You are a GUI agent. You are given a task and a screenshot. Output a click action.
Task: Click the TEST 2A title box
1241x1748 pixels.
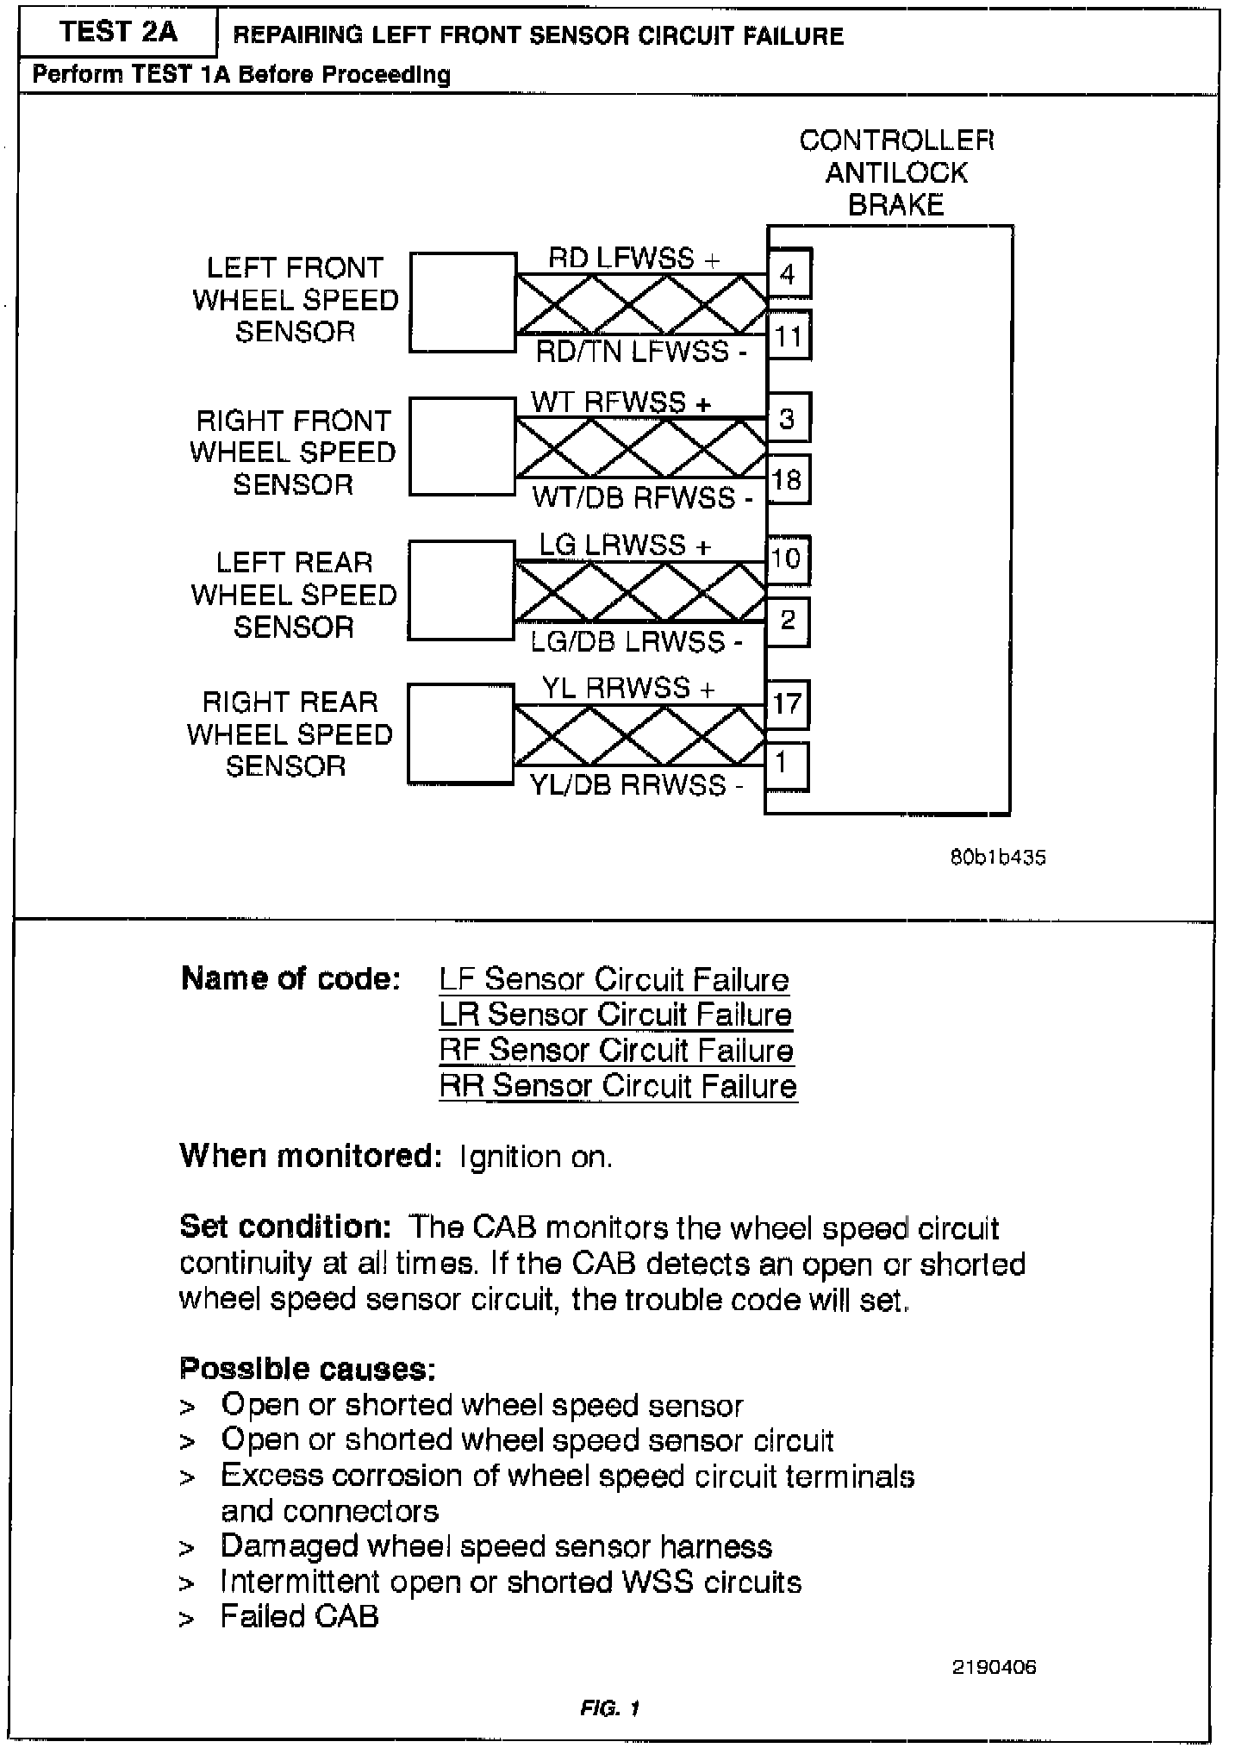coord(118,33)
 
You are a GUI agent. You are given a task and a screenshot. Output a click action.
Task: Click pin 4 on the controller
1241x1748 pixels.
coord(788,274)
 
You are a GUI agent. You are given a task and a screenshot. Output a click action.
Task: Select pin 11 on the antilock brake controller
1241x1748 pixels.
coord(788,335)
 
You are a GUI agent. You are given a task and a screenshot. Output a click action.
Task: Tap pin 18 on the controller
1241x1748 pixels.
coord(788,479)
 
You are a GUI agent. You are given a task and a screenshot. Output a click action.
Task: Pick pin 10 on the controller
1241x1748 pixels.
coord(787,559)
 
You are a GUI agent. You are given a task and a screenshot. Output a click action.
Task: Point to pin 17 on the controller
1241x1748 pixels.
coord(787,703)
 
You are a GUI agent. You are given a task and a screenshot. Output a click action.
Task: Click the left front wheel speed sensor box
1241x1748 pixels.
coord(463,302)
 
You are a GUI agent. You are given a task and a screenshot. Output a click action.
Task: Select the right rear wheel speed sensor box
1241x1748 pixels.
coord(460,734)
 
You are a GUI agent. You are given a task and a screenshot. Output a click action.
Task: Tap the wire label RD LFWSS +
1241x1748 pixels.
coord(633,258)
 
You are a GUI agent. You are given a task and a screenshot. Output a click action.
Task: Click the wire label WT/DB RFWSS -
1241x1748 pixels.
coord(642,497)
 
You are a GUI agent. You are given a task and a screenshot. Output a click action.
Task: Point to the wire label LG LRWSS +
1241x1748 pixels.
coord(626,545)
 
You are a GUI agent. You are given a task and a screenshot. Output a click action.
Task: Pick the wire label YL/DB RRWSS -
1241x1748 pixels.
coord(635,785)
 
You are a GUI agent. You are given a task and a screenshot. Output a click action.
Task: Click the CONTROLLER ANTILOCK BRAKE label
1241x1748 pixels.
coord(896,172)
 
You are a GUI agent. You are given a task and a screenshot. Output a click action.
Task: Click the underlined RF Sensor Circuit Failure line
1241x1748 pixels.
coord(616,1050)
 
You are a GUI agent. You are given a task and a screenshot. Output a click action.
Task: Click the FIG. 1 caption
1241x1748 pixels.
coord(610,1707)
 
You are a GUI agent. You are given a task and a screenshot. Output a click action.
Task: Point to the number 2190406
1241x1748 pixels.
coord(994,1667)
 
